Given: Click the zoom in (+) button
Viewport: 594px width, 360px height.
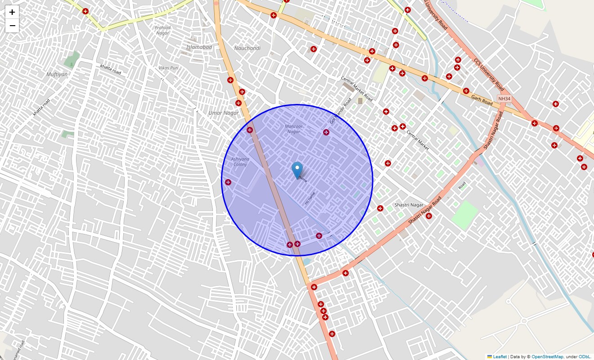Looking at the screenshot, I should (12, 12).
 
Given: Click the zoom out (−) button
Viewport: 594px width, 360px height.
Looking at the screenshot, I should (12, 26).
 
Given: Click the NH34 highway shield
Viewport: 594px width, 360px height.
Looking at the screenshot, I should (504, 99).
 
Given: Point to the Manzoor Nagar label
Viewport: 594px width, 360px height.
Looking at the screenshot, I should (293, 129).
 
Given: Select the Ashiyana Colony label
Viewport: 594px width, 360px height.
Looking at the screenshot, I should (240, 162).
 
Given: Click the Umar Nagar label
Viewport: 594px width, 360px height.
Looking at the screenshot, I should (224, 113).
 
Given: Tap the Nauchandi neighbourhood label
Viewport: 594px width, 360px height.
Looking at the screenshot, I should (247, 48).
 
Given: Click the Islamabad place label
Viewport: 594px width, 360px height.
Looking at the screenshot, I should (199, 47).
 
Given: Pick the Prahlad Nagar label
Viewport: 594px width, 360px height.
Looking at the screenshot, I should (162, 30).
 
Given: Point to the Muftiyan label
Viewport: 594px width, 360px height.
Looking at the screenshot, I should (57, 74).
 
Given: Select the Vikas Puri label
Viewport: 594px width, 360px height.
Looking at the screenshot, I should (169, 68).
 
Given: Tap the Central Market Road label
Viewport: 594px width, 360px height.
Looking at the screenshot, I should (356, 88).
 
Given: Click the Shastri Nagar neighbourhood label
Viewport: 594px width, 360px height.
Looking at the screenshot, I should (409, 205).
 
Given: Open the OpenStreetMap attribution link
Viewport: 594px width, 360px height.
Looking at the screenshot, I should (547, 357).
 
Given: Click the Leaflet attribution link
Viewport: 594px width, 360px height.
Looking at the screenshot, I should (499, 357).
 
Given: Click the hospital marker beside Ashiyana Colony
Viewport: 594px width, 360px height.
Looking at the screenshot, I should (228, 182).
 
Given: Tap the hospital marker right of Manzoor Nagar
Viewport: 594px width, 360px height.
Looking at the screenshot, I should (326, 132).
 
